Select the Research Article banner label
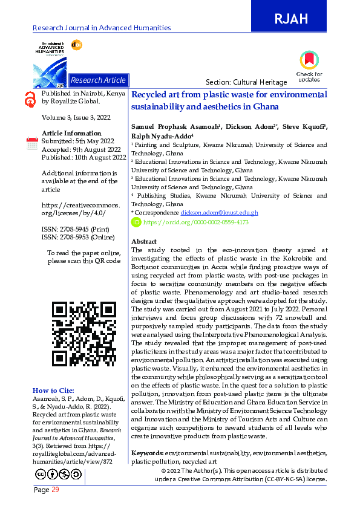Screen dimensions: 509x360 pyautogui.click(x=98, y=80)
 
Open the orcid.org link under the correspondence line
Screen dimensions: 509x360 pyautogui.click(x=196, y=222)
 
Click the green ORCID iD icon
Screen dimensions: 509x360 pyautogui.click(x=136, y=222)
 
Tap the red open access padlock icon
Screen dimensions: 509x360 pyautogui.click(x=30, y=100)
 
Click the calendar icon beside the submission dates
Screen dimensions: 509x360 pyautogui.click(x=33, y=143)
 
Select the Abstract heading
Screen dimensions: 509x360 pyautogui.click(x=144, y=241)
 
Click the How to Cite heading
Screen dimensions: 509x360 pyautogui.click(x=53, y=391)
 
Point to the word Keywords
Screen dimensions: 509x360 pyautogui.click(x=147, y=453)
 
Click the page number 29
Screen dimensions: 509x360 pyautogui.click(x=55, y=490)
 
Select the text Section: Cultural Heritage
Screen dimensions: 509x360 pyautogui.click(x=238, y=82)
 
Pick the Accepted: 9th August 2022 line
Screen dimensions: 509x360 pyautogui.click(x=78, y=149)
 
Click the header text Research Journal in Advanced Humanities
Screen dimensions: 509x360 pyautogui.click(x=102, y=28)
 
